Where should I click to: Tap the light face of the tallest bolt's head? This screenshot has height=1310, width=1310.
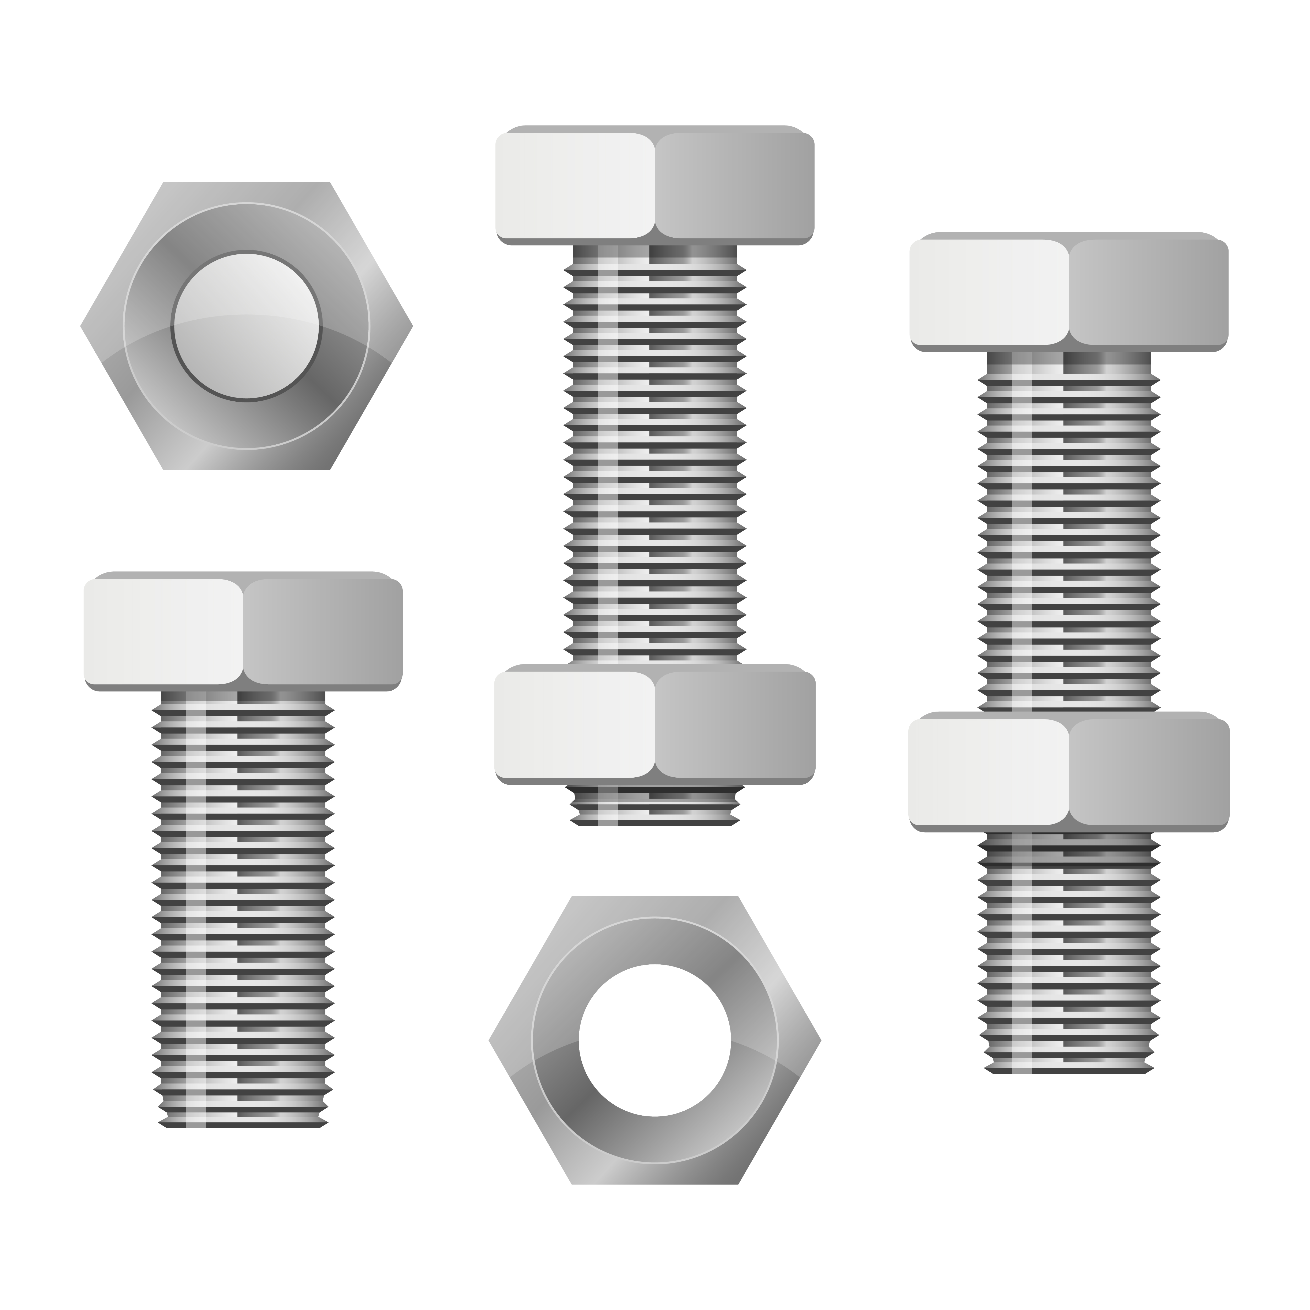pyautogui.click(x=575, y=185)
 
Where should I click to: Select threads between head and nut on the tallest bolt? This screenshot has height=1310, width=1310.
pyautogui.click(x=654, y=454)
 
